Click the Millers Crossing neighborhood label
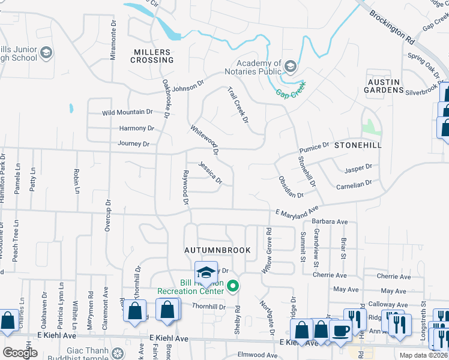click(152, 56)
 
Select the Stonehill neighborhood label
click(358, 145)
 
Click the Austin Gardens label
click(384, 85)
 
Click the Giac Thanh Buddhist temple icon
click(118, 352)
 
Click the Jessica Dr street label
click(211, 172)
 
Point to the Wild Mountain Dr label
click(127, 112)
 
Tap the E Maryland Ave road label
click(296, 212)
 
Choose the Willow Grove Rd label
click(267, 250)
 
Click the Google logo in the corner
click(19, 353)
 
